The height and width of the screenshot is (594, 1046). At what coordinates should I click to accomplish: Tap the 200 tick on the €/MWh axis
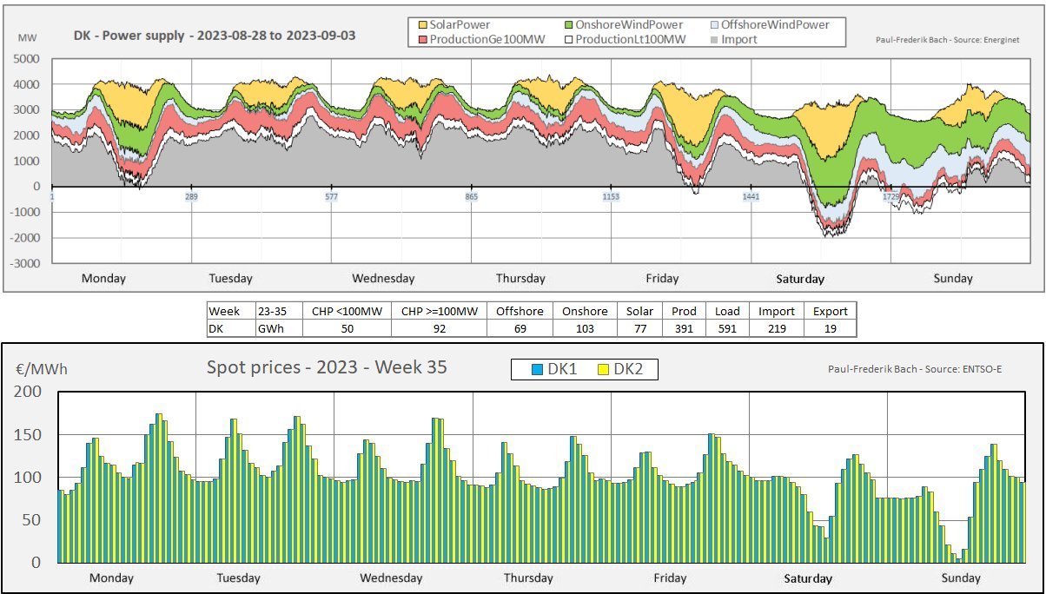30,392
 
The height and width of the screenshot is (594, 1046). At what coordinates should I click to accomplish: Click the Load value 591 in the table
727,329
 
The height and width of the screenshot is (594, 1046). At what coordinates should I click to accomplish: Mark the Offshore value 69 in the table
520,329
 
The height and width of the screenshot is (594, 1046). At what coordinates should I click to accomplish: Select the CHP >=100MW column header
439,311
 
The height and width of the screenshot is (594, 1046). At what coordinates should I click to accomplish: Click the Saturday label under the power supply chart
800,279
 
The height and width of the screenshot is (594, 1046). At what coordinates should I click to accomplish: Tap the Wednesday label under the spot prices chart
391,577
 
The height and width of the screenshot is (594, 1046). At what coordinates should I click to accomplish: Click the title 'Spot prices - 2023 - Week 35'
327,367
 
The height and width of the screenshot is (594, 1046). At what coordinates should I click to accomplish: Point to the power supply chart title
215,36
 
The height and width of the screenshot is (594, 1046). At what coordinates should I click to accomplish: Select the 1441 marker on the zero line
751,197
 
